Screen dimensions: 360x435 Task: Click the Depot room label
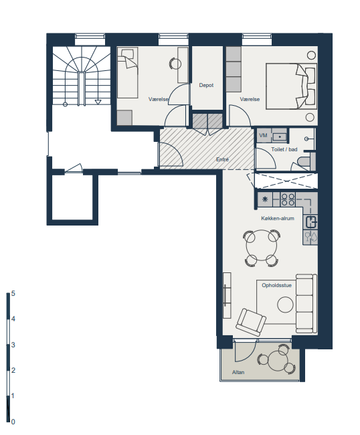point(206,85)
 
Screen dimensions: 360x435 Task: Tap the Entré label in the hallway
point(222,159)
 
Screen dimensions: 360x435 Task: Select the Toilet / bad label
point(284,149)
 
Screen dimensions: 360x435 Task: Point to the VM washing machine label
point(263,135)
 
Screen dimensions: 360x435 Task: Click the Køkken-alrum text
point(277,218)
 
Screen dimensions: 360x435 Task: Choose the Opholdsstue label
point(276,285)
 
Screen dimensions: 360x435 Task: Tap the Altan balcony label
point(238,372)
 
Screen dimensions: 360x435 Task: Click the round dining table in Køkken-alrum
point(261,245)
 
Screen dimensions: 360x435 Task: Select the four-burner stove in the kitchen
point(288,199)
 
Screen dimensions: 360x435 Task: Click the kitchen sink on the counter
point(311,222)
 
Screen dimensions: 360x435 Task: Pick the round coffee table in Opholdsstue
point(285,304)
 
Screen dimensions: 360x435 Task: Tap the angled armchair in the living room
point(251,323)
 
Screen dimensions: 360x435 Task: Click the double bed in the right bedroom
point(291,86)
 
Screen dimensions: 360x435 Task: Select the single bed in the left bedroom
point(128,73)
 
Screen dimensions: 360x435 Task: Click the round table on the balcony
point(277,361)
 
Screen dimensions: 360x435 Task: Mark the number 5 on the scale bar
point(13,294)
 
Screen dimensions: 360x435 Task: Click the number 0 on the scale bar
point(13,422)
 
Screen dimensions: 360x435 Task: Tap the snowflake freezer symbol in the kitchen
point(265,199)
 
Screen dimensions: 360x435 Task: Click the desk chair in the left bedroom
point(175,64)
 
